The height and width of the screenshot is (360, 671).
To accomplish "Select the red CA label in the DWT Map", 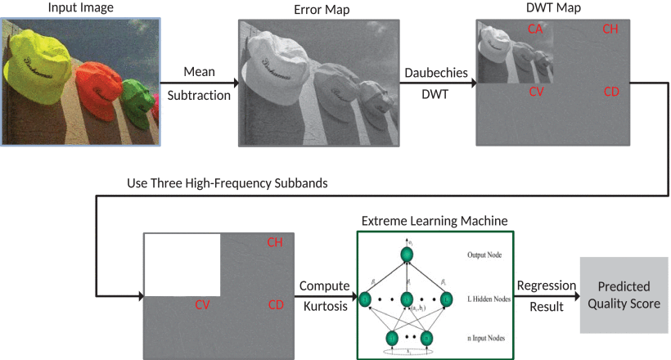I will click(x=536, y=29).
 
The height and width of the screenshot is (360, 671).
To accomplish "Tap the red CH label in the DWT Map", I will click(x=610, y=29).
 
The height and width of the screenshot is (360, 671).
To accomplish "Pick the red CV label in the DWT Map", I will click(x=536, y=92).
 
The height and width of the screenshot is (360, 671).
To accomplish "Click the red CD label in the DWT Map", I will click(x=610, y=92).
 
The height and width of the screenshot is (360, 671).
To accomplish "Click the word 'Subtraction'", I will click(x=199, y=96).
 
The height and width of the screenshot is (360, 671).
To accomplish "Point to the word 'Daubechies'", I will click(x=436, y=73).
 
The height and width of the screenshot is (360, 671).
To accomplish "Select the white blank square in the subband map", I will click(x=182, y=264).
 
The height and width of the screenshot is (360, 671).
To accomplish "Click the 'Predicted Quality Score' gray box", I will click(x=624, y=295).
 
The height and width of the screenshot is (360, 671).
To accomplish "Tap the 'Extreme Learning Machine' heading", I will click(x=435, y=220).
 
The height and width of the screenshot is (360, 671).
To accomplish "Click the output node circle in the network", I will click(x=407, y=254).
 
